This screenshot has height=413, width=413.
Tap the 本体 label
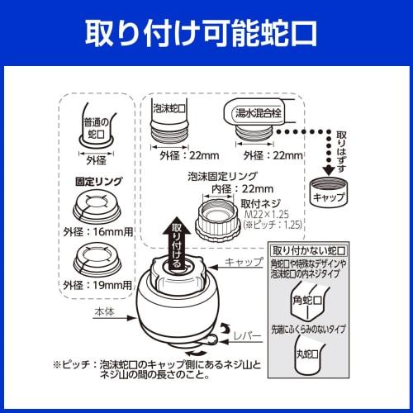101,312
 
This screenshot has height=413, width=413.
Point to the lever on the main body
216,338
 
